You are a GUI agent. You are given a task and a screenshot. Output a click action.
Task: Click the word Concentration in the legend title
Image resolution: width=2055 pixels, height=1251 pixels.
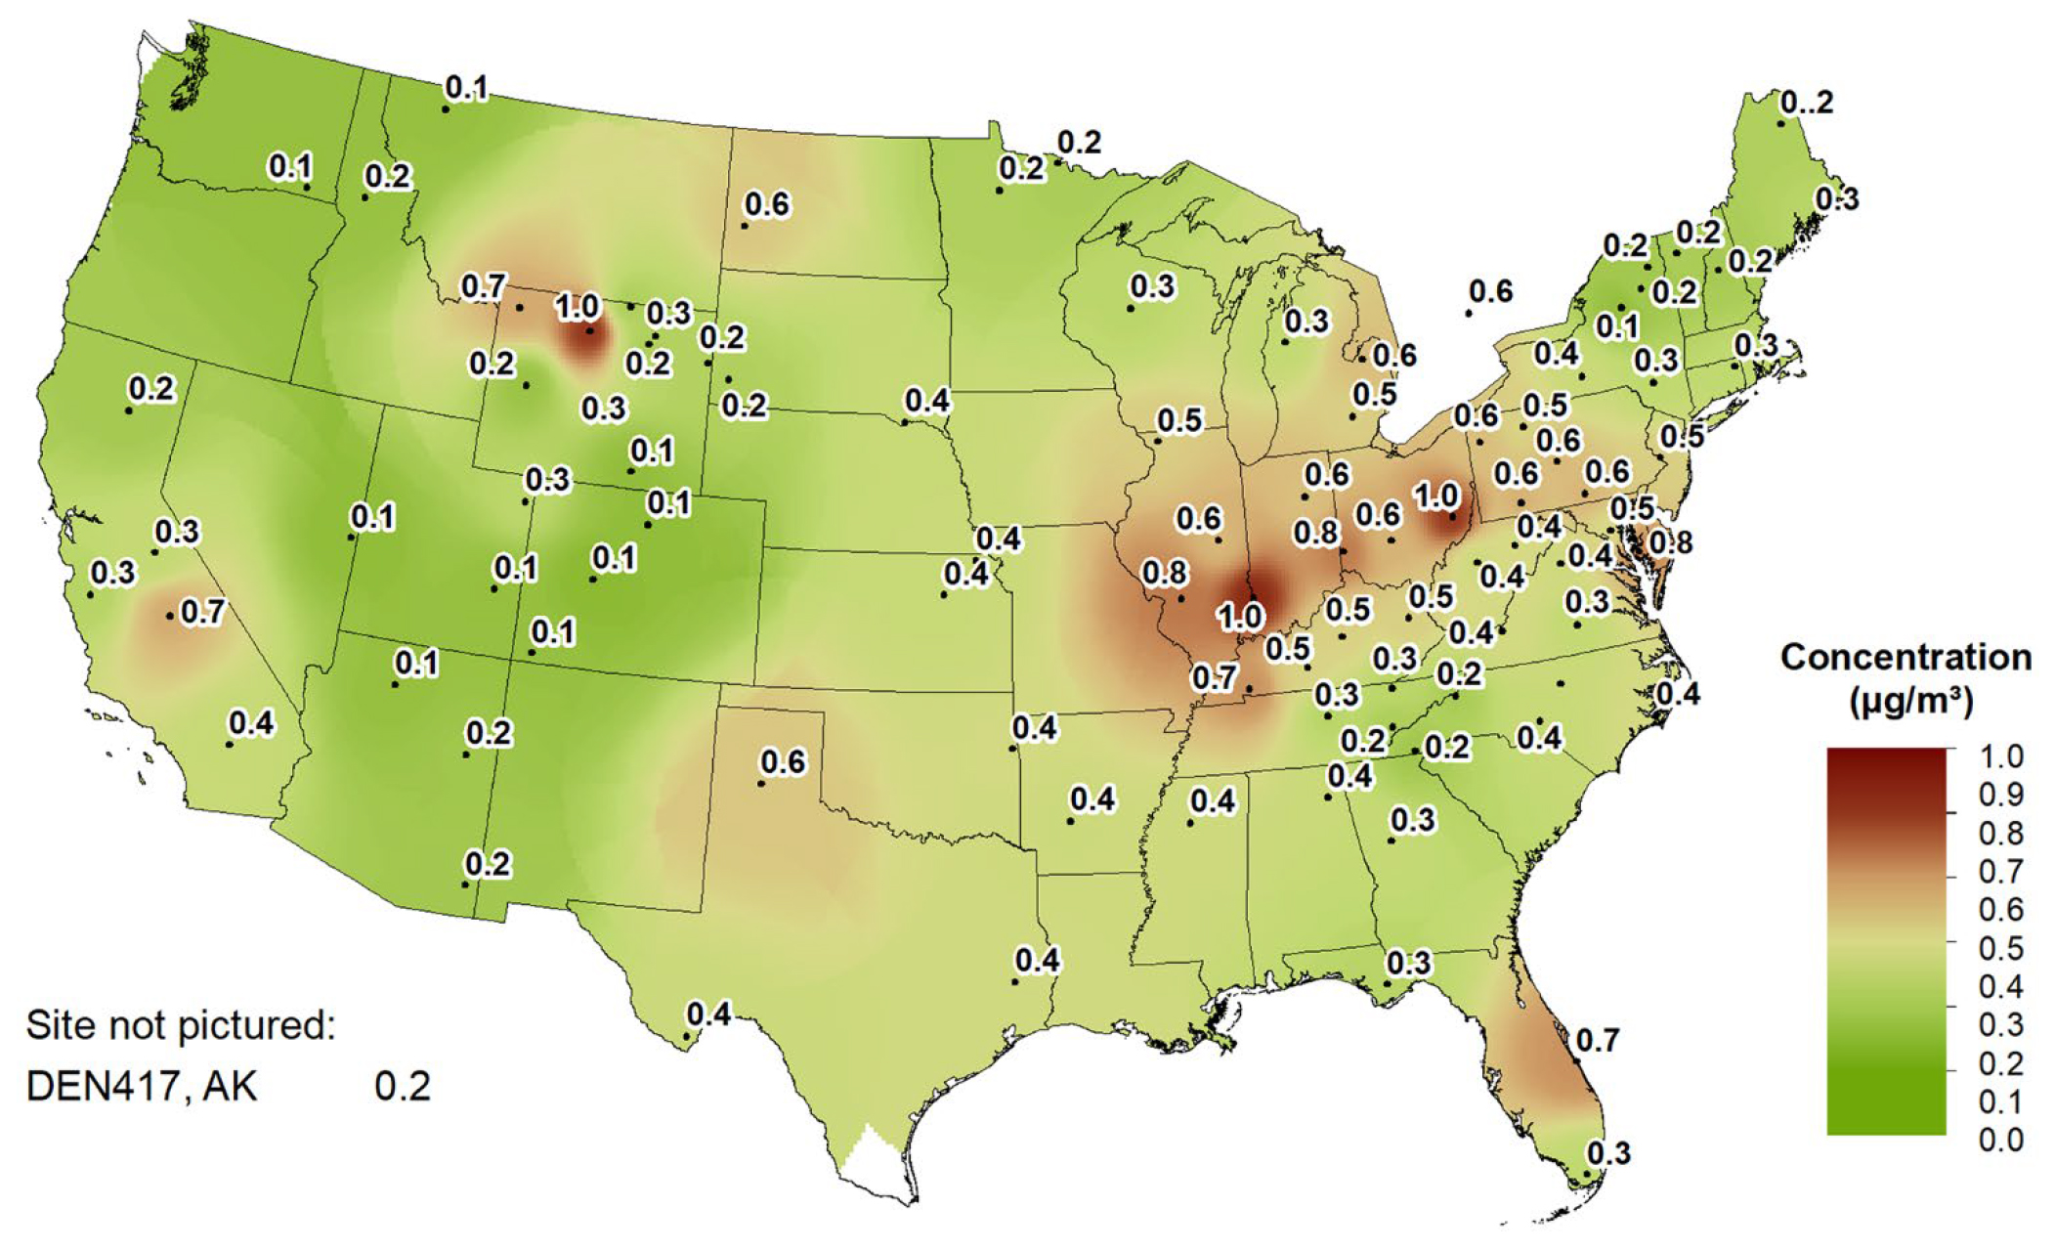click(x=1905, y=657)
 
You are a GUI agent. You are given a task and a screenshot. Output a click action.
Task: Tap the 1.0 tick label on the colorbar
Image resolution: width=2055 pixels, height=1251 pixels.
click(x=2000, y=755)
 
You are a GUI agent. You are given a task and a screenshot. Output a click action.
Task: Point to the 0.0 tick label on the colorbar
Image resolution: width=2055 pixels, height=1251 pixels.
click(x=2000, y=1140)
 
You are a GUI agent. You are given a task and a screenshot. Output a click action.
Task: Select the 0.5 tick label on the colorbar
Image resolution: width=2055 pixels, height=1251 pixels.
click(x=2000, y=948)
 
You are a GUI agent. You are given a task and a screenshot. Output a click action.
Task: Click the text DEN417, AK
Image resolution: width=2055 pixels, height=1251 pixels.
click(x=141, y=1087)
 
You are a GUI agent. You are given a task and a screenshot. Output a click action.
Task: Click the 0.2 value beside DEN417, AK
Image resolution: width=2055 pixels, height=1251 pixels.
click(x=403, y=1087)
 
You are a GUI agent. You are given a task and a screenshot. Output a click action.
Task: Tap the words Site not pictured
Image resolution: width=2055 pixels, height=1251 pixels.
click(x=180, y=1025)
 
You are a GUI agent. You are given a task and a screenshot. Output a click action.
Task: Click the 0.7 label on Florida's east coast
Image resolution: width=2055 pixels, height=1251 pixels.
click(x=1598, y=1040)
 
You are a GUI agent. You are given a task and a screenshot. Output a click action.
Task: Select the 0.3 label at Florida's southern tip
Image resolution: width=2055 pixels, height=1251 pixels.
click(x=1608, y=1153)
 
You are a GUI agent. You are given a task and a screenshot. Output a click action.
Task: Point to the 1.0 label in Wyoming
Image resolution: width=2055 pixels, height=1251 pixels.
click(x=577, y=307)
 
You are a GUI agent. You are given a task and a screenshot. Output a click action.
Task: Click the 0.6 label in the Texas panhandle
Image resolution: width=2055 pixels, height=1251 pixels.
click(x=783, y=761)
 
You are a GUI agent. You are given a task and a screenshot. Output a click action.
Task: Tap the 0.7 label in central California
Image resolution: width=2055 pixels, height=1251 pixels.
click(x=202, y=612)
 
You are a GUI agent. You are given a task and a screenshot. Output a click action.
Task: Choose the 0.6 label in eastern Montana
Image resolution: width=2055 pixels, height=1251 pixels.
click(x=766, y=204)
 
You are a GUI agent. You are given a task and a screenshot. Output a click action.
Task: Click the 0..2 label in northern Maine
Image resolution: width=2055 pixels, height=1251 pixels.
click(x=1806, y=102)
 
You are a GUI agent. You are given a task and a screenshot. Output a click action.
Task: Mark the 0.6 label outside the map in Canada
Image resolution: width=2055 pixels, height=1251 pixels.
click(x=1490, y=290)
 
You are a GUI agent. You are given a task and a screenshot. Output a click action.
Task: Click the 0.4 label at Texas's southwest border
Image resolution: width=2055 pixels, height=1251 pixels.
click(x=709, y=1014)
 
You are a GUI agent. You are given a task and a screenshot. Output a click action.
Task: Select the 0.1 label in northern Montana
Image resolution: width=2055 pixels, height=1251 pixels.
click(x=466, y=88)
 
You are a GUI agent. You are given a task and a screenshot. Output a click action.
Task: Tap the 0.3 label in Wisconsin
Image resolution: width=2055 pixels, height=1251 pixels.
click(x=1152, y=286)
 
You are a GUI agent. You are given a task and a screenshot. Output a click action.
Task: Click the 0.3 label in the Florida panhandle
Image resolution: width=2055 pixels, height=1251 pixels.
click(x=1408, y=963)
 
